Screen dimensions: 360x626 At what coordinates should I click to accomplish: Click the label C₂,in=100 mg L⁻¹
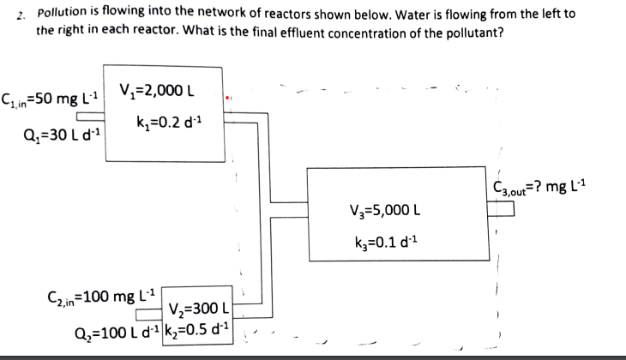tap(90, 299)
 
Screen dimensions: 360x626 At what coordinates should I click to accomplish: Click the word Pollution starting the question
tap(67, 15)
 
